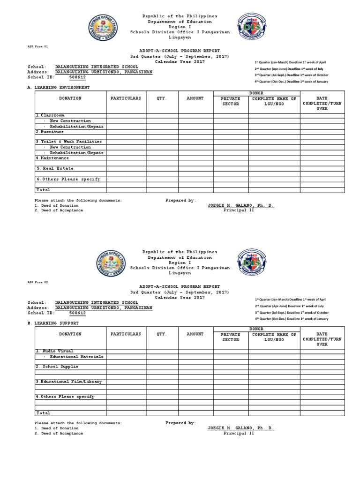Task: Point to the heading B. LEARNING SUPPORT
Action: point(55,323)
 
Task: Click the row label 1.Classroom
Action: point(50,115)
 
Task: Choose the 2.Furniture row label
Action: point(50,132)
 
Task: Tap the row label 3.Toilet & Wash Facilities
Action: point(69,142)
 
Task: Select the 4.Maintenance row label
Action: point(52,158)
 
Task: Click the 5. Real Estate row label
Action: point(55,168)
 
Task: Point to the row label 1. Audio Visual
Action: point(54,351)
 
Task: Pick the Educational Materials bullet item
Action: point(76,356)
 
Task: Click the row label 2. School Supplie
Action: point(57,366)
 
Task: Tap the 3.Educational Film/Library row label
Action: point(69,382)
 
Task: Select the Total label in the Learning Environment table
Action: point(43,190)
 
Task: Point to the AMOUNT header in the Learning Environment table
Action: point(195,98)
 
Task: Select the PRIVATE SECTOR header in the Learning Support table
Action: point(231,337)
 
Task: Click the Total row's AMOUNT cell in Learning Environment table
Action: point(195,190)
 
